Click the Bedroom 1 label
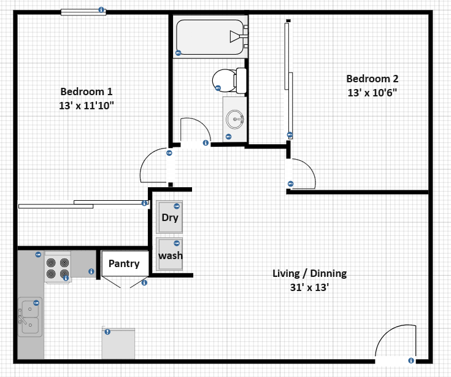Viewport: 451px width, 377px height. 86,91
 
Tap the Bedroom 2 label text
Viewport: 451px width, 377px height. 372,79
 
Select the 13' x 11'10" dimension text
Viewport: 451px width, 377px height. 86,106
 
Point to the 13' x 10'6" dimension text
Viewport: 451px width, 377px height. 372,93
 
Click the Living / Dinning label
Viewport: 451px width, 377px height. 309,273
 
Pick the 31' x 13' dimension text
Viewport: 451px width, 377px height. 309,287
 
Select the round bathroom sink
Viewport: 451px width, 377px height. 234,118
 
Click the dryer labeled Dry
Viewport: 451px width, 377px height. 170,217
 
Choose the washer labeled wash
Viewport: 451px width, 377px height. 170,254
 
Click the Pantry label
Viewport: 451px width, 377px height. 124,263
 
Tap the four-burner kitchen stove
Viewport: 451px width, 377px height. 57,267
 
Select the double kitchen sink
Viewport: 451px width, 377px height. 29,317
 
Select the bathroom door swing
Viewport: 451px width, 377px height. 196,131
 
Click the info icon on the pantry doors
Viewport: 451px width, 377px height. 144,283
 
